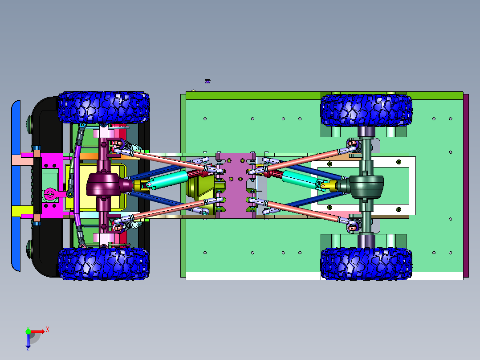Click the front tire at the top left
[x=104, y=107]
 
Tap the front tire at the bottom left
[x=104, y=263]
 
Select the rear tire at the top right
[x=366, y=110]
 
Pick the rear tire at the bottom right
[x=366, y=263]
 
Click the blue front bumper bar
[x=16, y=186]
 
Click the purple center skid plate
[x=236, y=185]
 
